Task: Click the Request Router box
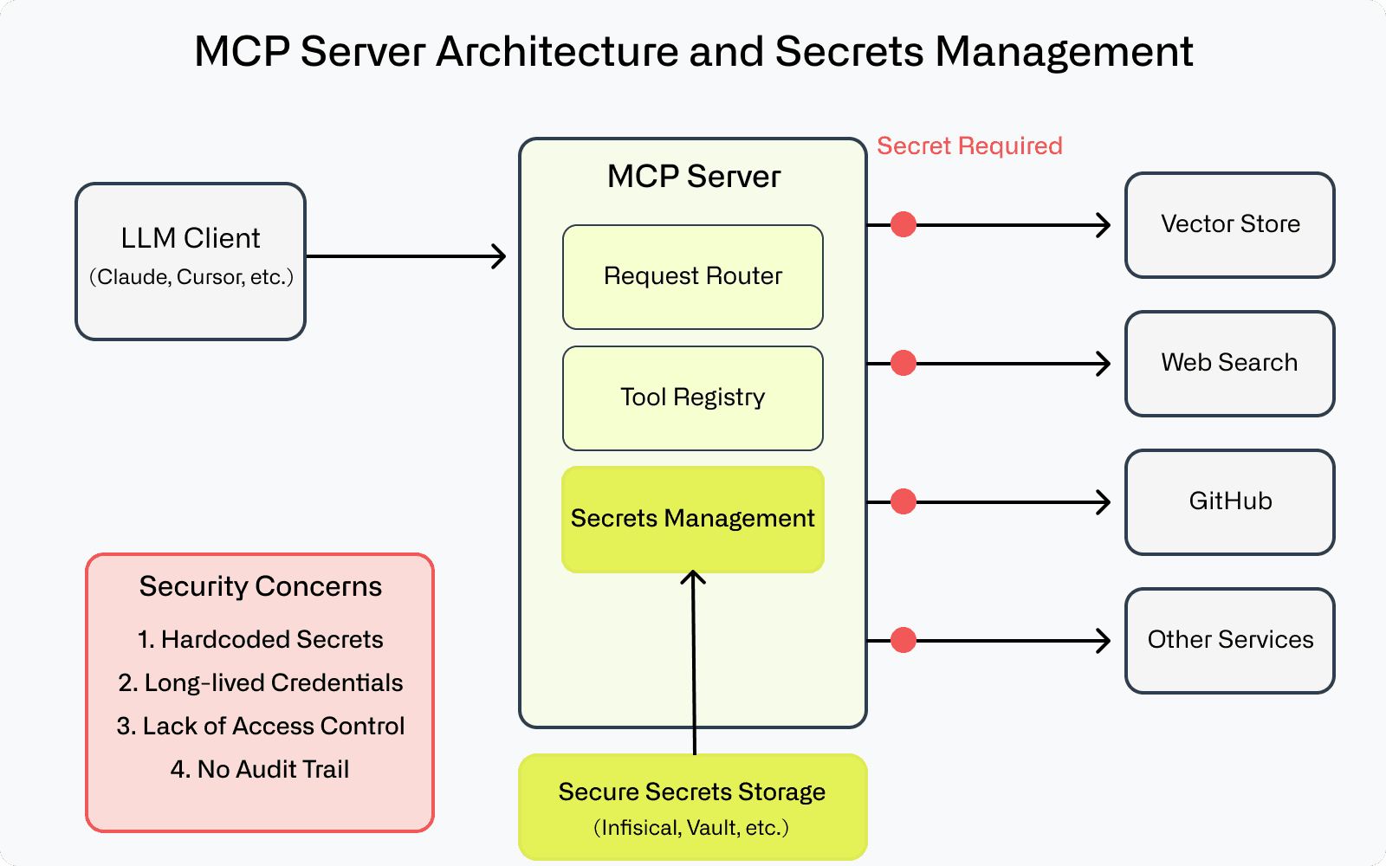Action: [x=693, y=277]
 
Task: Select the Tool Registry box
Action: [x=693, y=398]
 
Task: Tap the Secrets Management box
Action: [x=693, y=519]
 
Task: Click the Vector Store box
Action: [x=1229, y=225]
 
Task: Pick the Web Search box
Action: [x=1229, y=364]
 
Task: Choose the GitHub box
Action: [x=1229, y=502]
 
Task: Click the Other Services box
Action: [x=1229, y=641]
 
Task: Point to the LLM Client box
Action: [x=191, y=261]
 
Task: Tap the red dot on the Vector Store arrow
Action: [x=903, y=225]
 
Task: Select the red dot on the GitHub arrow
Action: [x=903, y=501]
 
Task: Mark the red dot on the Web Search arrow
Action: [x=903, y=363]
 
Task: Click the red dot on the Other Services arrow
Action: [x=903, y=640]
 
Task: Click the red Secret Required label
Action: [x=969, y=145]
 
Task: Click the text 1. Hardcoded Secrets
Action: [x=260, y=639]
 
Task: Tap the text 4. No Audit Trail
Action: [x=260, y=769]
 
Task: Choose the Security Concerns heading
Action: [x=260, y=586]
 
